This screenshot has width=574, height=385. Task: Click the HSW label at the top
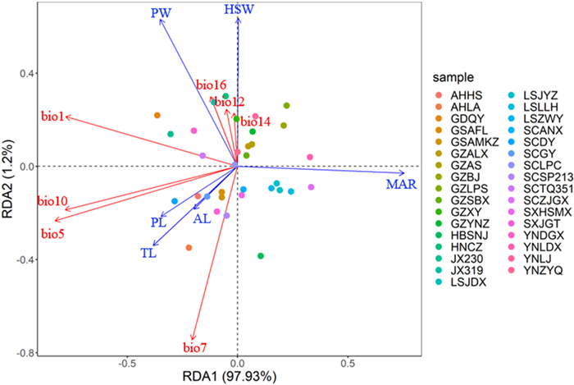pyautogui.click(x=239, y=9)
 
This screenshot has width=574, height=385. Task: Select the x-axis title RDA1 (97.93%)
pyautogui.click(x=237, y=377)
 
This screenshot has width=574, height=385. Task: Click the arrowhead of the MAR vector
pyautogui.click(x=403, y=172)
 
